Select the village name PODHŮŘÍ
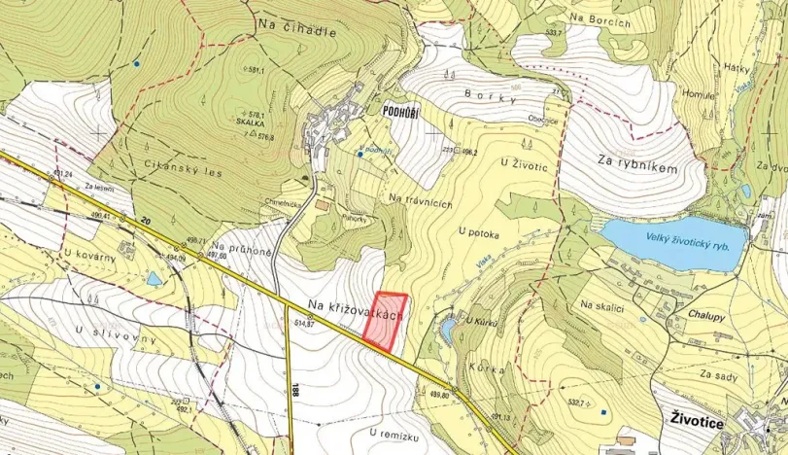pyautogui.click(x=400, y=112)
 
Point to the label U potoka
pyautogui.click(x=478, y=231)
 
